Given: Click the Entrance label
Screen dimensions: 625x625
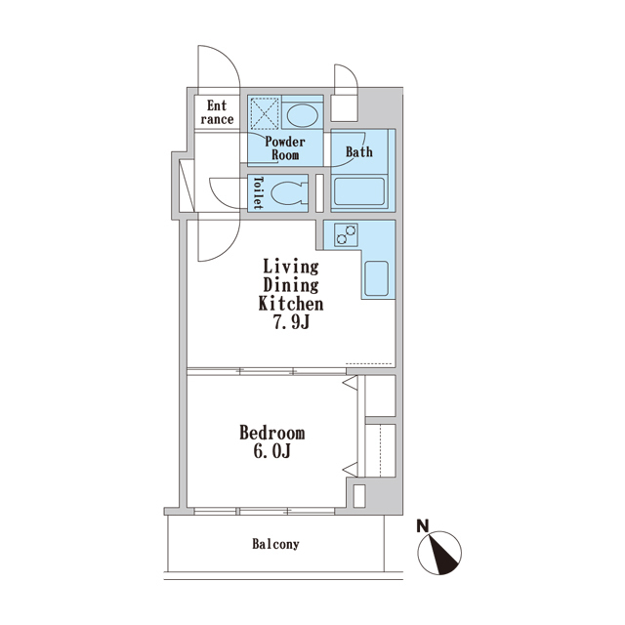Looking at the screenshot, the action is coord(217,112).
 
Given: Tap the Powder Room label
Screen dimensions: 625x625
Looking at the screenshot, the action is coord(285,147).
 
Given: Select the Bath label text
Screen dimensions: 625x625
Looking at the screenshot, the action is coord(359,152).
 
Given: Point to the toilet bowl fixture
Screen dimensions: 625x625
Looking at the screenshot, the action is coord(289,193).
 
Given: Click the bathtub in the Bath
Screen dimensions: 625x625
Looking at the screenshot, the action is coord(359,191).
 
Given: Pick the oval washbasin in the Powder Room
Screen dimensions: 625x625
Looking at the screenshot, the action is coord(303,115).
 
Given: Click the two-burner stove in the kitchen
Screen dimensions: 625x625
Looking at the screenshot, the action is coord(346,234).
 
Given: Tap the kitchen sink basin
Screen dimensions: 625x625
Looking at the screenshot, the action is coord(376,278).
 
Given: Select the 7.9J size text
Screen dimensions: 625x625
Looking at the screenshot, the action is coord(291,322).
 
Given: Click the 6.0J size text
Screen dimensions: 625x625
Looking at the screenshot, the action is coord(271,451).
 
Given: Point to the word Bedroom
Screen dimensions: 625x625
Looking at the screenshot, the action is coord(272,433).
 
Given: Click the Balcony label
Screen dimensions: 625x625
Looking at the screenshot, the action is coord(275,544).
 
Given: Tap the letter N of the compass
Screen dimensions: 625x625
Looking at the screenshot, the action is coord(423,526).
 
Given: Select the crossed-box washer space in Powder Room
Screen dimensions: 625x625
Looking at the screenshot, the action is coord(265,112).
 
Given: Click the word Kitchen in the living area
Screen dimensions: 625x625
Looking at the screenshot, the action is coord(291,304).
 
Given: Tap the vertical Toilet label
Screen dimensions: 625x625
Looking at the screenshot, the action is coord(258,193).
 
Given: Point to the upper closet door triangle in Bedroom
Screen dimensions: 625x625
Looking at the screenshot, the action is coord(351,384).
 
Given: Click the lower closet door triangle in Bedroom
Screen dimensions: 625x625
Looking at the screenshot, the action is coord(351,469).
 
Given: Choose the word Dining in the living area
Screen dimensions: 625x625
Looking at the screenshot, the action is coord(291,286).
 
